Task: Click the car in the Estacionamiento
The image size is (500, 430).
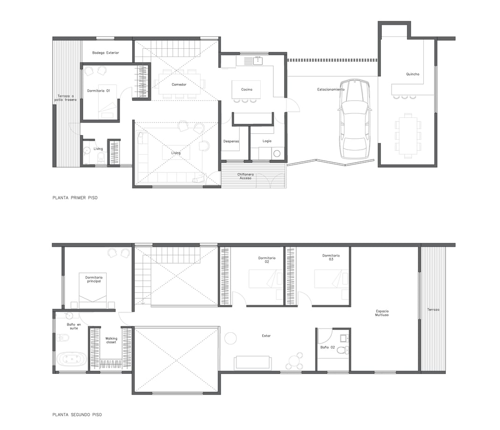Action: (x=355, y=119)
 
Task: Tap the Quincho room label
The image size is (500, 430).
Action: (x=413, y=74)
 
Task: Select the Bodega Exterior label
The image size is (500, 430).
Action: (x=106, y=53)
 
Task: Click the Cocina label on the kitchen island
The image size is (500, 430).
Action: (x=246, y=89)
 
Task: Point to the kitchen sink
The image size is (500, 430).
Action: (x=257, y=60)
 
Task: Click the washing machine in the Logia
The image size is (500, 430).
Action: (x=277, y=153)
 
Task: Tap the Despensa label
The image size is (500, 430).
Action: (x=231, y=141)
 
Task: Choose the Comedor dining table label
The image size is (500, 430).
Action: (x=179, y=85)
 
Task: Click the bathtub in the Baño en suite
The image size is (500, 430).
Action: (x=72, y=359)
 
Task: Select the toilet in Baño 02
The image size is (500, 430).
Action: (x=343, y=350)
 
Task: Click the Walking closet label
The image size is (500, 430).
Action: (x=111, y=340)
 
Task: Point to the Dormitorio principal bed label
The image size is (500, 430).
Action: (x=94, y=279)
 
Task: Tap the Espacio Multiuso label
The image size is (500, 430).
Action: (x=382, y=313)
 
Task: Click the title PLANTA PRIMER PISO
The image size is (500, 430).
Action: (x=75, y=198)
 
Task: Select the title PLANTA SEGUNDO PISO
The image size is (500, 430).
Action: (x=77, y=415)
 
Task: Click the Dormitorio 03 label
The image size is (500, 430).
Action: (x=331, y=257)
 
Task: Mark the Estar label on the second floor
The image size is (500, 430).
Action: (x=266, y=336)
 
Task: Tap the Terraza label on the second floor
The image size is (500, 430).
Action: (x=433, y=309)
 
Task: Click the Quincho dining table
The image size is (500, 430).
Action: (x=408, y=136)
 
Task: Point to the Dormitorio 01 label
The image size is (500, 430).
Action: (x=99, y=91)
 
